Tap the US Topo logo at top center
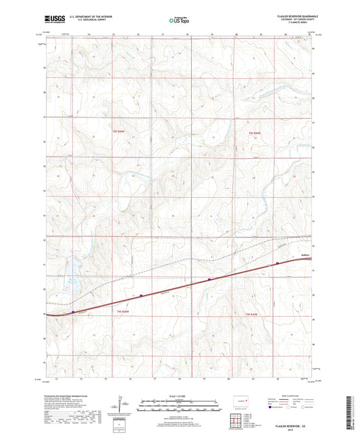179,21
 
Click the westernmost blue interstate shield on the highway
73,312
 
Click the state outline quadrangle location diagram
241,401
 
